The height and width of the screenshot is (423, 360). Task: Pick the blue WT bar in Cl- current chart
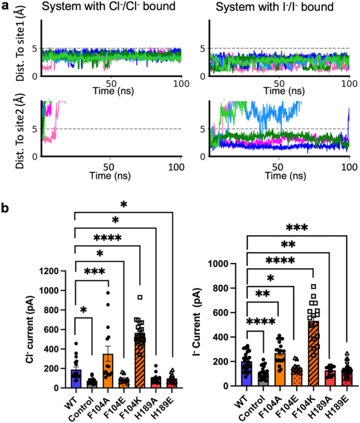pyautogui.click(x=76, y=378)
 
